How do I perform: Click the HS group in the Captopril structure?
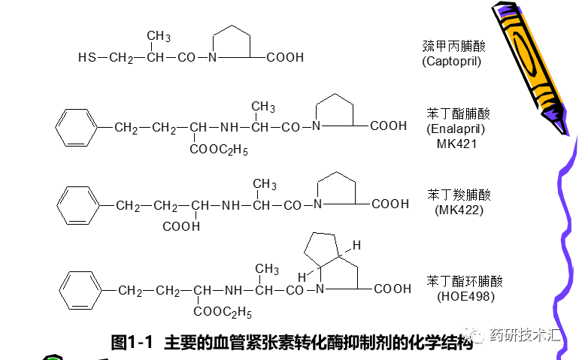tap(86, 58)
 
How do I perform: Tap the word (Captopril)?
tap(451, 61)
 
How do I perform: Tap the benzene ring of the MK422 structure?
tap(78, 204)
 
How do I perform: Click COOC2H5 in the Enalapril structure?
tap(219, 150)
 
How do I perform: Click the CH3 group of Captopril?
tap(159, 36)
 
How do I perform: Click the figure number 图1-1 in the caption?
tap(132, 343)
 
